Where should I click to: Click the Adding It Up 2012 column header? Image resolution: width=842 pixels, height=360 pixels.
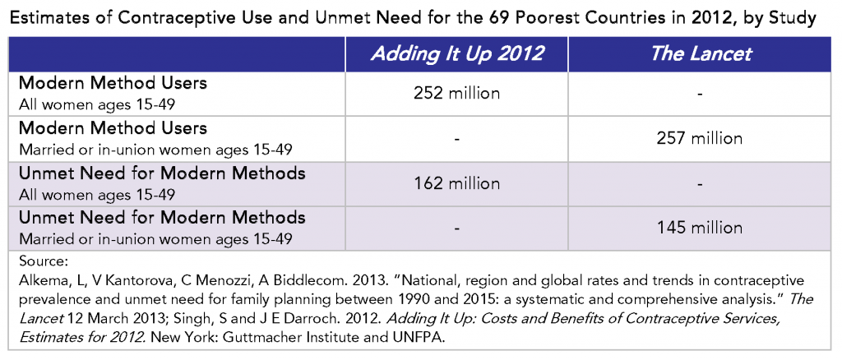(456, 55)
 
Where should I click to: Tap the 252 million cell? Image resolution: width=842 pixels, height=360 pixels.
(456, 94)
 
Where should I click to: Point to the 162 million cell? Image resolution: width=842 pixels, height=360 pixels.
(456, 182)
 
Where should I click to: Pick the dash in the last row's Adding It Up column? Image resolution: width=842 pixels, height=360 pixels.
(456, 227)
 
